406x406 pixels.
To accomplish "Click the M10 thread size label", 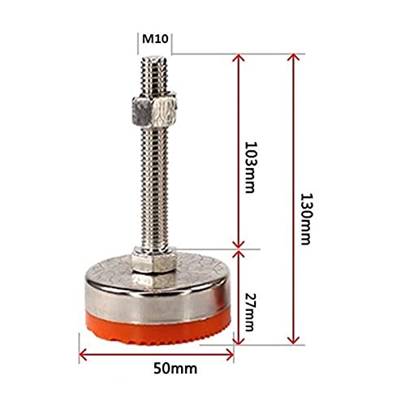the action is click(155, 39).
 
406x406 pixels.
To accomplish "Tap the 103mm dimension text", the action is click(250, 167).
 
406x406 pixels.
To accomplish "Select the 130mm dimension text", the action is click(307, 218).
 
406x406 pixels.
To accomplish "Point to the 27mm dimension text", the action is click(249, 313).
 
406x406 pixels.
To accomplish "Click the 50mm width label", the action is click(175, 369).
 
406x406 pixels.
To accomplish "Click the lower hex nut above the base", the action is click(153, 259).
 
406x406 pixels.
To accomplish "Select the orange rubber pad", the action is click(158, 329).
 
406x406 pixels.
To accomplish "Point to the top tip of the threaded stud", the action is click(154, 56).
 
